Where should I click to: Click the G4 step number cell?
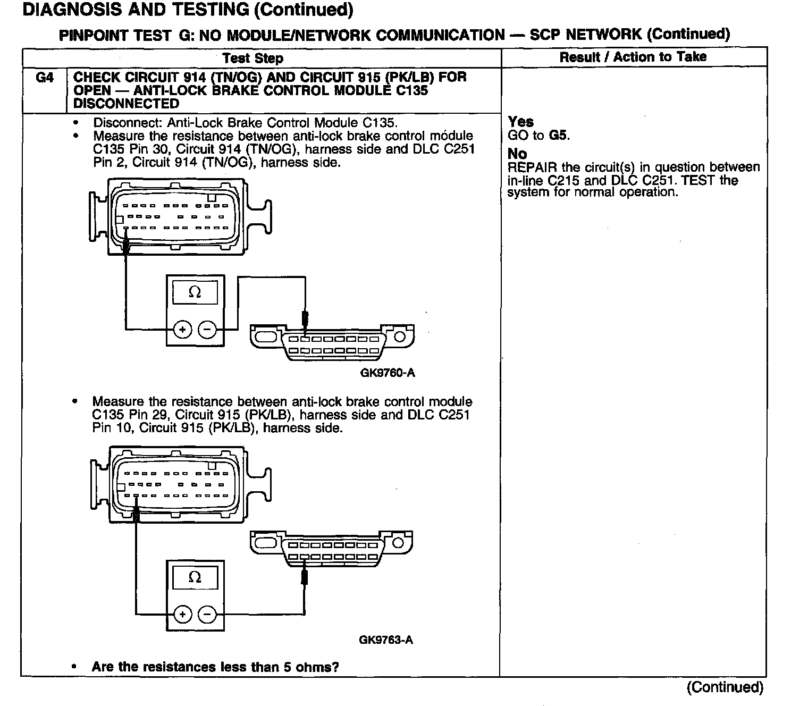45,78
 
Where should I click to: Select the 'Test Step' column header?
252,58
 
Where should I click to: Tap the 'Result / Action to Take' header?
633,57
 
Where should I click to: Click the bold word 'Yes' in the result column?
520,122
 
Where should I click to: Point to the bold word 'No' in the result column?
517,154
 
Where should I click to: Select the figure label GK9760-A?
387,373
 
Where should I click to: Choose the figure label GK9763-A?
385,640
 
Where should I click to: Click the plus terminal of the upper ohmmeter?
182,330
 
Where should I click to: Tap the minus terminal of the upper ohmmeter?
207,330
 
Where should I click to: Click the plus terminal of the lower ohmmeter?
182,615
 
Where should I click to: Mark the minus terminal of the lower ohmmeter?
207,615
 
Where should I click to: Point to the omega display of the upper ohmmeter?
195,292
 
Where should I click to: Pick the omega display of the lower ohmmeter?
195,577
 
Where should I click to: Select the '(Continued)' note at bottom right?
725,687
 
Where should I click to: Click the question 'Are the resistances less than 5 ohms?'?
215,667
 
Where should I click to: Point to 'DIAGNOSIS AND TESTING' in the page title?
136,10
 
